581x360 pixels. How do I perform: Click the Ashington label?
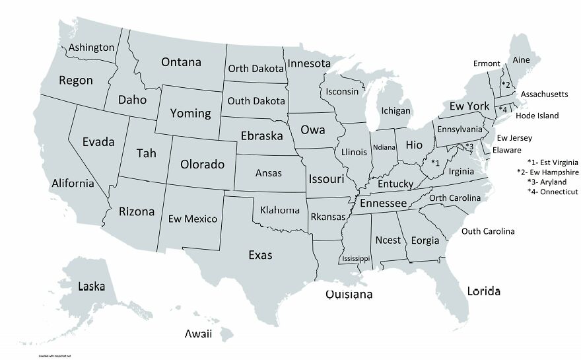pos(92,48)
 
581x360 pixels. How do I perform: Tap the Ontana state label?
pos(181,62)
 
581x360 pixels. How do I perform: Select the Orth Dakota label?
pos(256,69)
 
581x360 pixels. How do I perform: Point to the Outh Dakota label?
pos(256,101)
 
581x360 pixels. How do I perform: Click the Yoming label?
pos(190,113)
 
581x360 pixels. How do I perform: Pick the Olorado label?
pos(203,164)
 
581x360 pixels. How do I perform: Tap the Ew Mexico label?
pos(193,219)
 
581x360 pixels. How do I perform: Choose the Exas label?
pos(260,254)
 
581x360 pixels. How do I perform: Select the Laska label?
pos(91,286)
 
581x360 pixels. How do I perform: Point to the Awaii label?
pos(198,334)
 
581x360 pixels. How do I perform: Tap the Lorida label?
pos(483,291)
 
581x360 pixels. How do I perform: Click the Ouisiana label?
pos(349,294)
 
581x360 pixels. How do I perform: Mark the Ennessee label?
pos(383,203)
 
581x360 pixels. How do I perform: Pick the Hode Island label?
pos(537,116)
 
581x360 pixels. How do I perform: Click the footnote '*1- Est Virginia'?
pos(553,162)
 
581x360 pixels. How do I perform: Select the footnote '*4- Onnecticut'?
pos(553,192)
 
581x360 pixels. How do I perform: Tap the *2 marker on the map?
pos(506,85)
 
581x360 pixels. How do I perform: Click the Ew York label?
pos(469,106)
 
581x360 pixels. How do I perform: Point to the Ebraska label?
pos(261,135)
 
